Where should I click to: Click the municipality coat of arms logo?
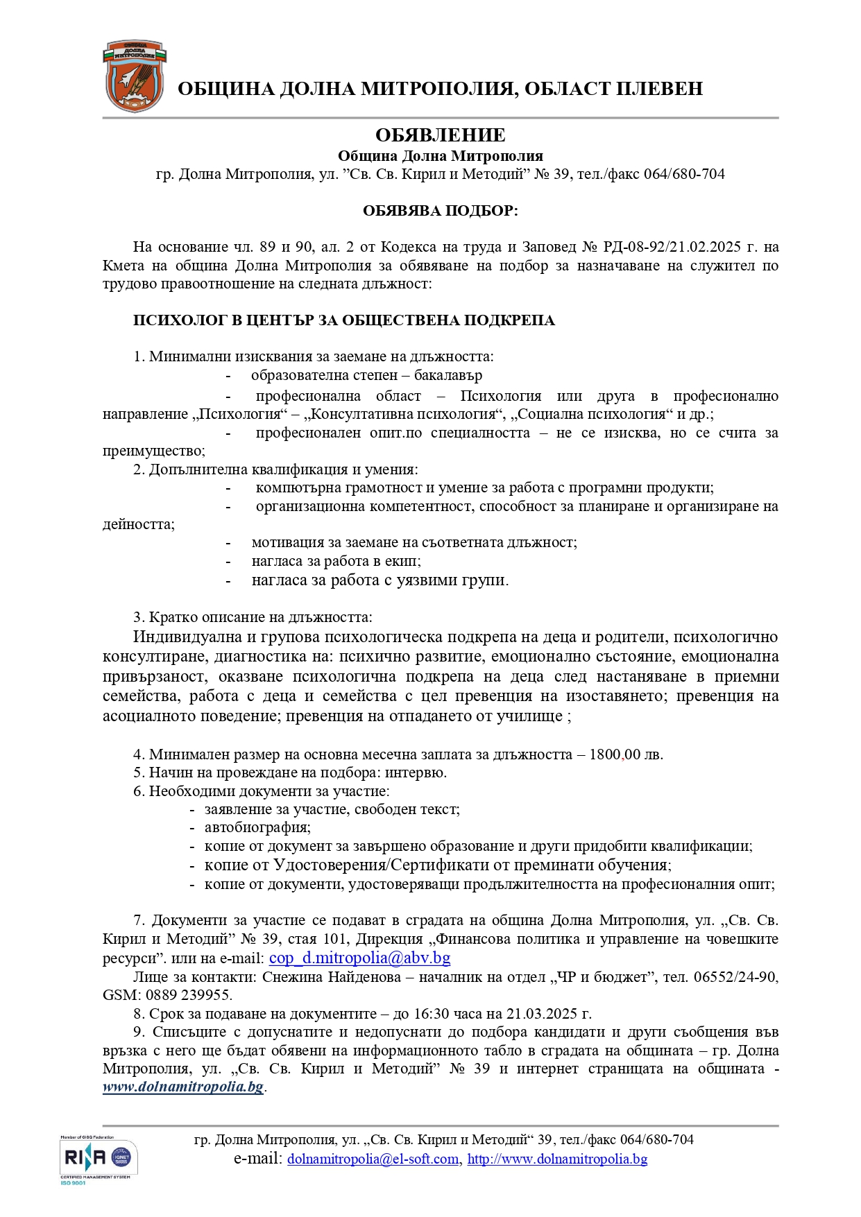[x=135, y=77]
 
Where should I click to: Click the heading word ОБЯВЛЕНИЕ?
[x=440, y=135]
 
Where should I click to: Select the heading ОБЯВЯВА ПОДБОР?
[x=440, y=211]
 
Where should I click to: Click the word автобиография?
[x=257, y=827]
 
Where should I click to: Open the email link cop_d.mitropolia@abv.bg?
[x=359, y=958]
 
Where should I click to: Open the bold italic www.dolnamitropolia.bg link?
[x=183, y=1087]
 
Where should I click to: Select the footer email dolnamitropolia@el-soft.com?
[x=373, y=1159]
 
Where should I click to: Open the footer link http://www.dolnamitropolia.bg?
[x=557, y=1159]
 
